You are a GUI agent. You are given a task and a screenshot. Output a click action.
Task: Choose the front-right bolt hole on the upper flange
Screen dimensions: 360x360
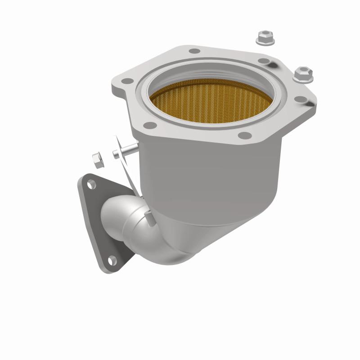click(243, 135)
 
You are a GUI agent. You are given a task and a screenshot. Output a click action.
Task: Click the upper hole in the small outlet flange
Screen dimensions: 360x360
click(91, 184)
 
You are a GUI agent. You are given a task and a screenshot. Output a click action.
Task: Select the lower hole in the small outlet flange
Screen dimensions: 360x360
click(111, 260)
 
